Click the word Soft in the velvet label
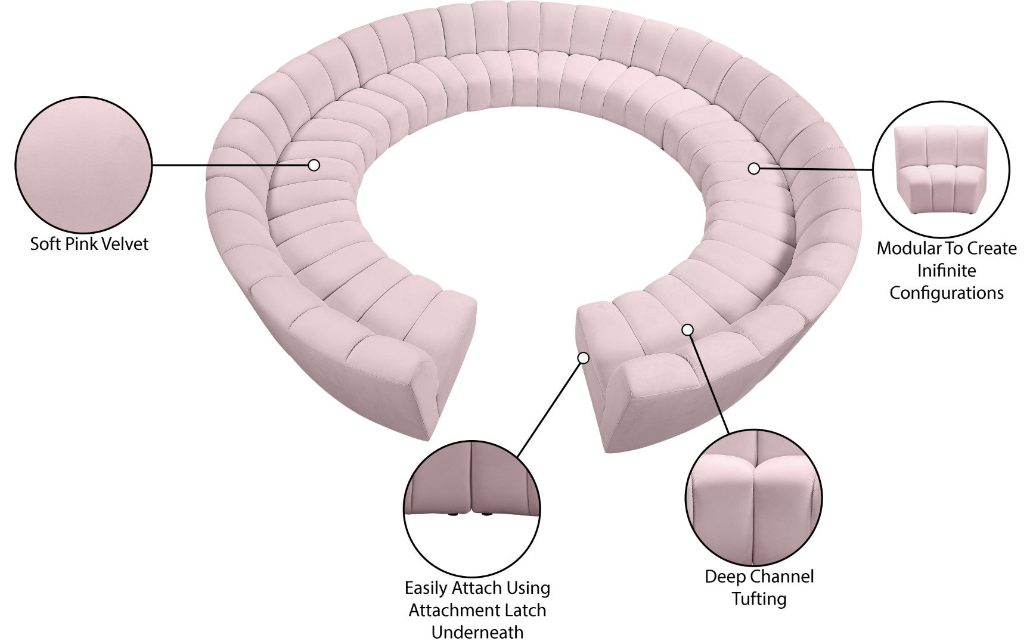(x=45, y=244)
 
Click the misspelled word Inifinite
(x=947, y=271)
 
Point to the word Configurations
(x=947, y=293)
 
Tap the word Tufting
(x=759, y=599)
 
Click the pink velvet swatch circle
(x=83, y=165)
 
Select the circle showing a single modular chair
(x=941, y=170)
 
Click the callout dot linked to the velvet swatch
(x=314, y=165)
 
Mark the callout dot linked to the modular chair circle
(x=754, y=169)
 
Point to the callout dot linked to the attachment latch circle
(x=584, y=358)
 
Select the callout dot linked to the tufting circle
(x=688, y=329)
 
